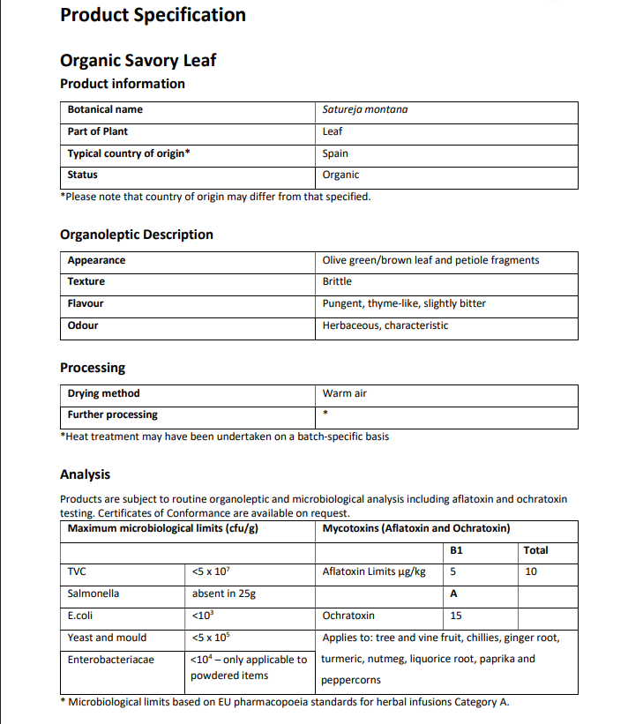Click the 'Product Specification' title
tap(153, 15)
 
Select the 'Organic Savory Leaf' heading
tap(138, 60)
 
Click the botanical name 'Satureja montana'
tap(364, 110)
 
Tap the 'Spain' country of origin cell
tap(335, 153)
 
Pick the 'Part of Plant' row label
tap(98, 131)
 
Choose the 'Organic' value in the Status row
tap(340, 175)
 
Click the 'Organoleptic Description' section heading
tap(136, 235)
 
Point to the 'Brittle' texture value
tap(337, 281)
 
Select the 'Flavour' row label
tap(86, 303)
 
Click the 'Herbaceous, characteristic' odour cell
tap(385, 325)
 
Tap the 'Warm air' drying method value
tap(344, 393)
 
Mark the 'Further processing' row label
tap(112, 414)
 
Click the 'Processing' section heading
tap(93, 368)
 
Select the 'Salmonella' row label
tap(93, 593)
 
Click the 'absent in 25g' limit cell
tap(223, 593)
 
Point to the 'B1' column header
tap(456, 550)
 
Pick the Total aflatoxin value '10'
tap(530, 571)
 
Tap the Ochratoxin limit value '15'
tap(456, 616)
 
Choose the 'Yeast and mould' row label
tap(107, 638)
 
